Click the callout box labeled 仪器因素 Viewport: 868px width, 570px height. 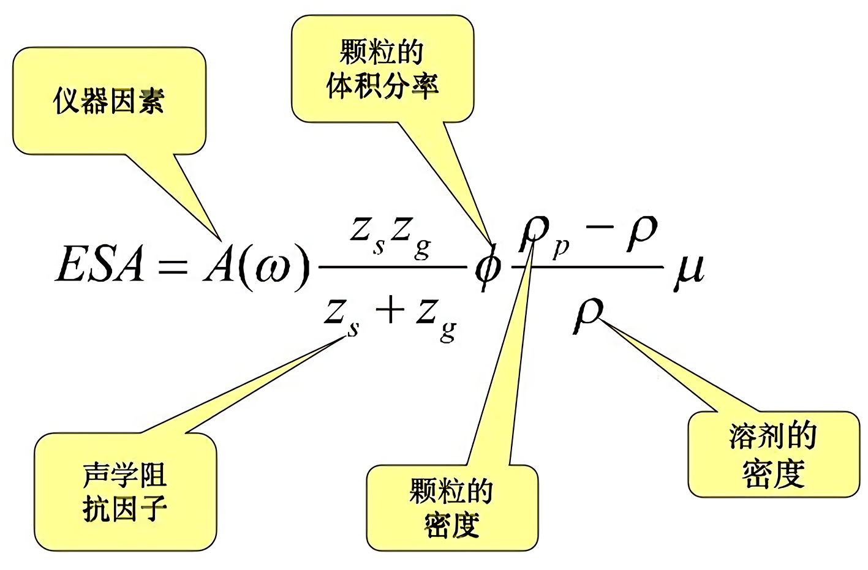(x=109, y=101)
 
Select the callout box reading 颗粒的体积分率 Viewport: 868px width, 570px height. (x=382, y=69)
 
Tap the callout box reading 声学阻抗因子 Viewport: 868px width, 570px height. (x=125, y=492)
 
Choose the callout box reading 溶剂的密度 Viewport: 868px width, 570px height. (x=773, y=454)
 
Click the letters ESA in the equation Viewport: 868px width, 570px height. (x=100, y=265)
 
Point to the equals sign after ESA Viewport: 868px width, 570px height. (x=172, y=267)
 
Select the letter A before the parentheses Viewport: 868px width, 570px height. (x=219, y=265)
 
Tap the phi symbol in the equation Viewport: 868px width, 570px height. (x=488, y=268)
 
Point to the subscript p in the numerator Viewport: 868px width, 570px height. (x=560, y=248)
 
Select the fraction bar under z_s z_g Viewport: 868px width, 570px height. (x=393, y=268)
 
